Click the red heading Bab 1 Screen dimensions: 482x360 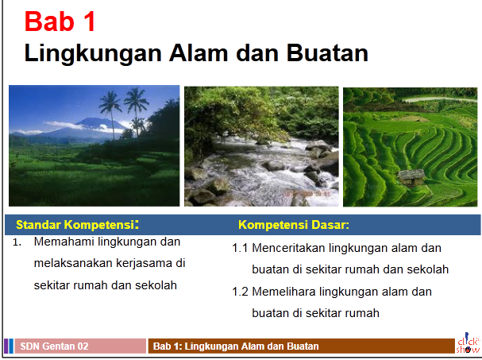(x=60, y=21)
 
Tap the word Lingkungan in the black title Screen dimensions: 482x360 (x=93, y=53)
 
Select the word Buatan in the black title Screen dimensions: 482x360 (x=327, y=53)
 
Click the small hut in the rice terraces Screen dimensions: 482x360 (x=411, y=177)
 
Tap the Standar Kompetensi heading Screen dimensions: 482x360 (x=77, y=225)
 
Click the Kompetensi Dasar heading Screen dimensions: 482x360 (x=294, y=225)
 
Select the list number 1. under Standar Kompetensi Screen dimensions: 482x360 (x=17, y=242)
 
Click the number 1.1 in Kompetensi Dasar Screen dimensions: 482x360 (x=240, y=248)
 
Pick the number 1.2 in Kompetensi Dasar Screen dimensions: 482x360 (x=240, y=292)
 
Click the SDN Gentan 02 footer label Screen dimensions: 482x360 (x=55, y=346)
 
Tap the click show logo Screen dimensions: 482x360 (x=468, y=343)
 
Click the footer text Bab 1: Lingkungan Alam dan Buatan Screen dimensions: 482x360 (x=236, y=346)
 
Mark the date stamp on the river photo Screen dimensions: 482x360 (x=307, y=194)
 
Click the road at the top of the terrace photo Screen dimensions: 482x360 (x=440, y=99)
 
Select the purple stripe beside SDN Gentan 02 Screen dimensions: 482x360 (x=6, y=346)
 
